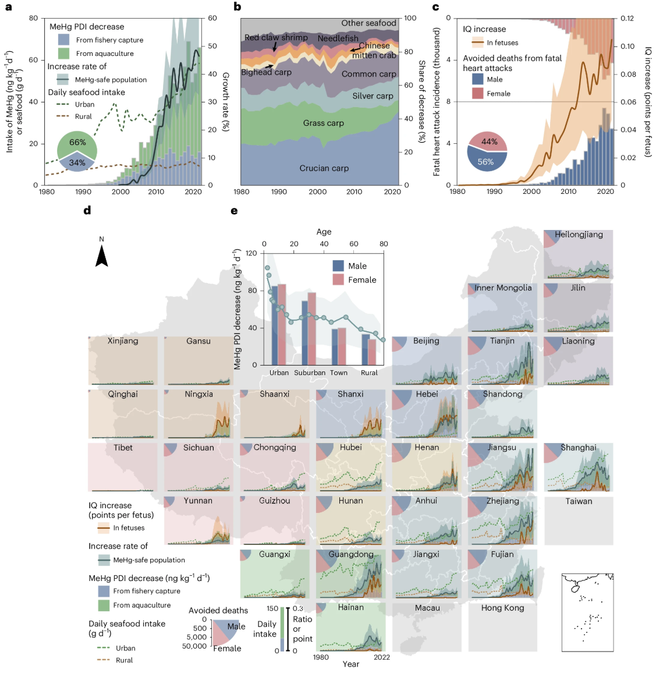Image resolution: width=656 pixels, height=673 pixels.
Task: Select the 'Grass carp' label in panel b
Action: pos(323,123)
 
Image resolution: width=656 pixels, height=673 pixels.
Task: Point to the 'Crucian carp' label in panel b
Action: pos(324,168)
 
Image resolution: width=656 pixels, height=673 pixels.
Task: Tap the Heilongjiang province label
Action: pos(579,235)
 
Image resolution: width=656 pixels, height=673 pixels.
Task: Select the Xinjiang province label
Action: pos(123,341)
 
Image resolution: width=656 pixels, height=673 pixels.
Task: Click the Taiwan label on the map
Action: pos(579,501)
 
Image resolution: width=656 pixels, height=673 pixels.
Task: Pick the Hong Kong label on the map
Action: pos(502,608)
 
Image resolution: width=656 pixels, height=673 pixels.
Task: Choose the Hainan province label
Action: pos(350,607)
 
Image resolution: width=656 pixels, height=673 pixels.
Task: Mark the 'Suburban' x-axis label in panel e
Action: pos(310,373)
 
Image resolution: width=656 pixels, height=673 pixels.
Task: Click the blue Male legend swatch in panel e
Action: pos(338,266)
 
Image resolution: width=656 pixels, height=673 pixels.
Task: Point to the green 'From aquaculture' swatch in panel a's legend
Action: pos(64,54)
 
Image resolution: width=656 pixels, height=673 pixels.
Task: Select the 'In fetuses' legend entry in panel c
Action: pos(502,42)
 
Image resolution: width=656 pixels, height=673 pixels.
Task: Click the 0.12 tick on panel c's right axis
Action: pos(627,19)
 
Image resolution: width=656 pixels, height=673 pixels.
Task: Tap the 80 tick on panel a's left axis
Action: pos(33,19)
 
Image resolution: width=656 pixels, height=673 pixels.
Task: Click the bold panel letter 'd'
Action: pos(87,211)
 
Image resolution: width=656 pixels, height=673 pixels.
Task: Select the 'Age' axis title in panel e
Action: pos(324,232)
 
